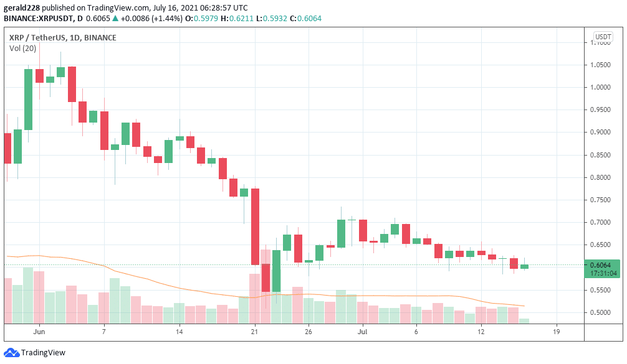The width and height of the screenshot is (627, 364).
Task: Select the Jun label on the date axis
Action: tap(39, 332)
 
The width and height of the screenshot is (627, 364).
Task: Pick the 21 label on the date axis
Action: tap(254, 332)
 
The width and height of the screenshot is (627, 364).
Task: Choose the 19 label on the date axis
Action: tap(556, 332)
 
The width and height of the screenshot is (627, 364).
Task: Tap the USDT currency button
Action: tap(603, 37)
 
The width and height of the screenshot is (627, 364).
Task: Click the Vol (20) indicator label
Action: tap(23, 49)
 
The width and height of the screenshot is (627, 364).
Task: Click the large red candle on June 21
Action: tap(255, 226)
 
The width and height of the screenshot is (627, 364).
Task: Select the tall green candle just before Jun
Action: tap(28, 100)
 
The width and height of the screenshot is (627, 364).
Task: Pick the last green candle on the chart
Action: tap(524, 266)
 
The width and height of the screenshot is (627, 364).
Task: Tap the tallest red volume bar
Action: tap(255, 298)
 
